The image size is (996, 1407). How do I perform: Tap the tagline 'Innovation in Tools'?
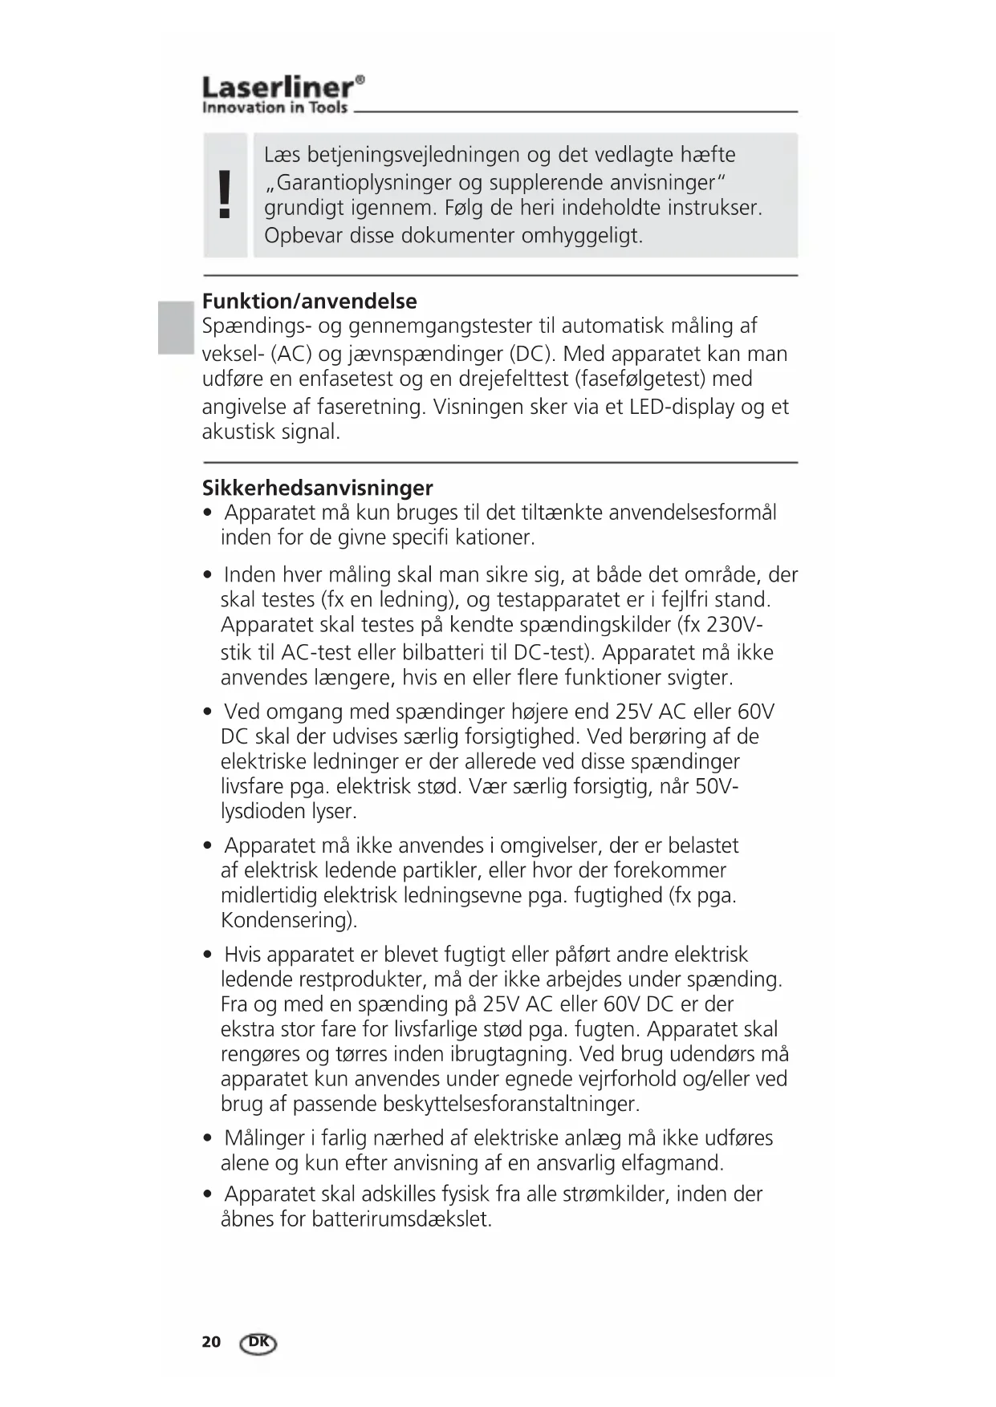[x=274, y=107]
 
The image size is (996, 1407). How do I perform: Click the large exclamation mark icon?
[x=226, y=195]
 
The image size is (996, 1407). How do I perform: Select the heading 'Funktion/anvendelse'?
[x=309, y=302]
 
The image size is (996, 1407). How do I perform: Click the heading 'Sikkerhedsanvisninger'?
[x=317, y=488]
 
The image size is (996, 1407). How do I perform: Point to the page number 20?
[x=211, y=1342]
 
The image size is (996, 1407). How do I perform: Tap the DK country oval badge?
[x=258, y=1343]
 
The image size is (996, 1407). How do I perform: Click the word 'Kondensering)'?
[x=289, y=920]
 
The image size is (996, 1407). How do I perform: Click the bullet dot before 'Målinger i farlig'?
[x=209, y=1139]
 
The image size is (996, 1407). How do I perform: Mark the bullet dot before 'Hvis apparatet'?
[x=209, y=955]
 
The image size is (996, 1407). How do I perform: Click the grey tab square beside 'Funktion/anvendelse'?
[x=176, y=327]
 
